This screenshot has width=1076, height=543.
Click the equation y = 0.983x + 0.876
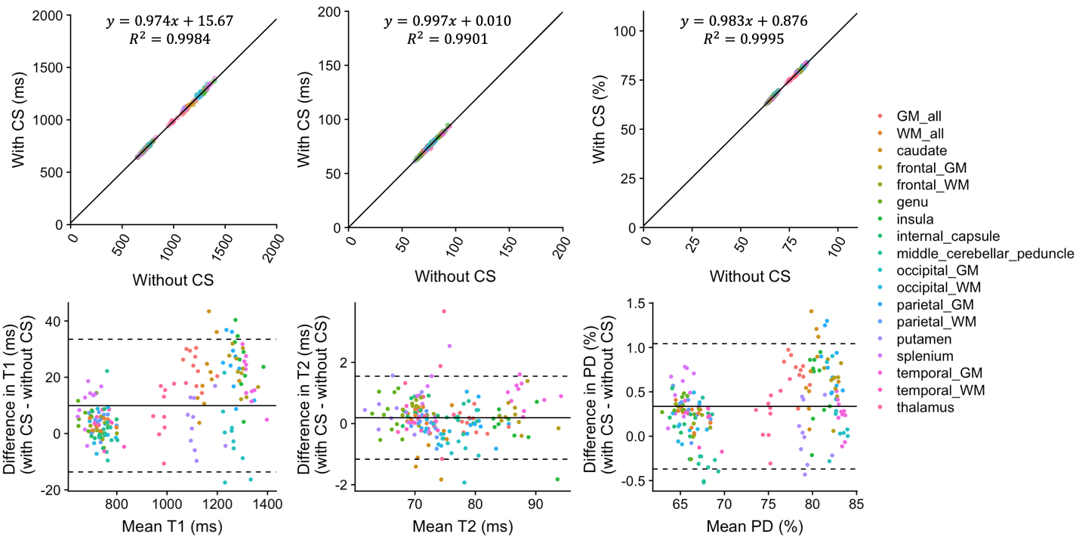pyautogui.click(x=744, y=21)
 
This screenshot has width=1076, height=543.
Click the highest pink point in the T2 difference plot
pyautogui.click(x=444, y=311)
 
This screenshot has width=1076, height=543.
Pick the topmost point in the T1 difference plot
pyautogui.click(x=208, y=311)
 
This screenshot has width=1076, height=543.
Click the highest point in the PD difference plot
pyautogui.click(x=812, y=311)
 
